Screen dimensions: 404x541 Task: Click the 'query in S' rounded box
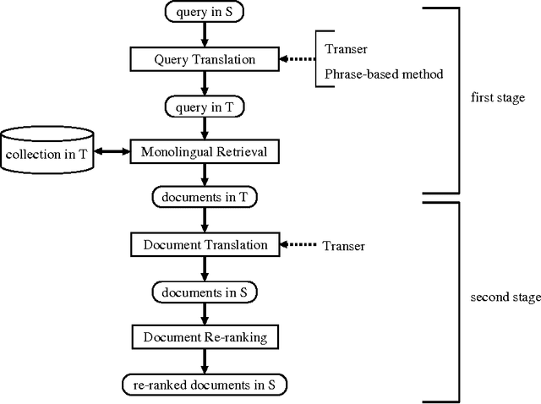pos(204,14)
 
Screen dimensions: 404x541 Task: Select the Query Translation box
pos(204,60)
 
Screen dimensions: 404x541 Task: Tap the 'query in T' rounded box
pos(204,106)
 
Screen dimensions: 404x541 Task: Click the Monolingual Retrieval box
pos(204,152)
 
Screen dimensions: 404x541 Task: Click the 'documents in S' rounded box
pos(204,292)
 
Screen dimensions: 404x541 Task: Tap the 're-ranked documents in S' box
pos(204,384)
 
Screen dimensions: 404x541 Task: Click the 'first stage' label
pos(497,98)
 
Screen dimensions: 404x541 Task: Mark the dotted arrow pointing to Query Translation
pos(298,60)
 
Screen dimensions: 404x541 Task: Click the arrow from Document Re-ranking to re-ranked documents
pos(204,360)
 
